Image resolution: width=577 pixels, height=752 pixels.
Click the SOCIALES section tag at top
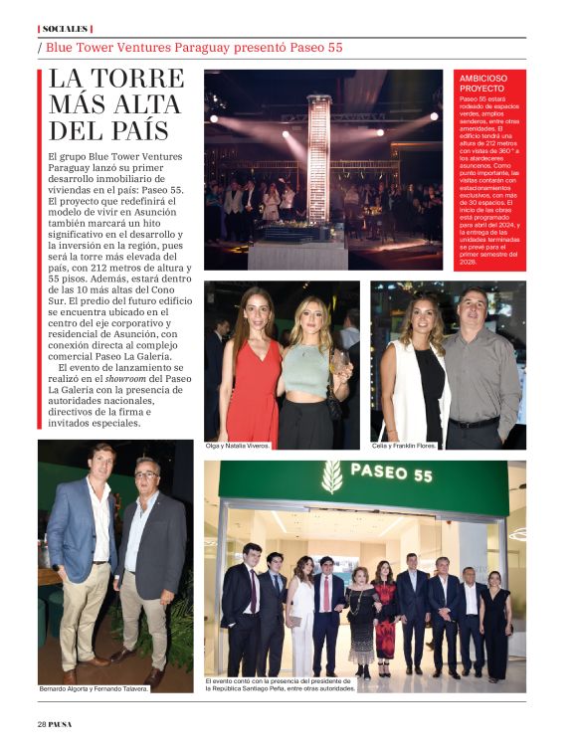point(64,29)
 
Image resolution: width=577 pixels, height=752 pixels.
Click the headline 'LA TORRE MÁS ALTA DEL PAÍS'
point(115,104)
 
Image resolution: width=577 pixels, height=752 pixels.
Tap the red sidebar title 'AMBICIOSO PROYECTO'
point(484,83)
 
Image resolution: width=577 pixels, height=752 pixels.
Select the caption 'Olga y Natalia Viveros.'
point(238,446)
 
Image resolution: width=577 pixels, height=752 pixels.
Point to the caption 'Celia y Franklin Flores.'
point(405,446)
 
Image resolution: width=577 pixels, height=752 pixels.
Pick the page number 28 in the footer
point(43,722)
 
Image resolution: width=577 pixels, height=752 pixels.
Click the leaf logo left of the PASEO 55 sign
point(331,475)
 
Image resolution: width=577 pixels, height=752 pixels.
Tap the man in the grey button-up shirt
point(481,368)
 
